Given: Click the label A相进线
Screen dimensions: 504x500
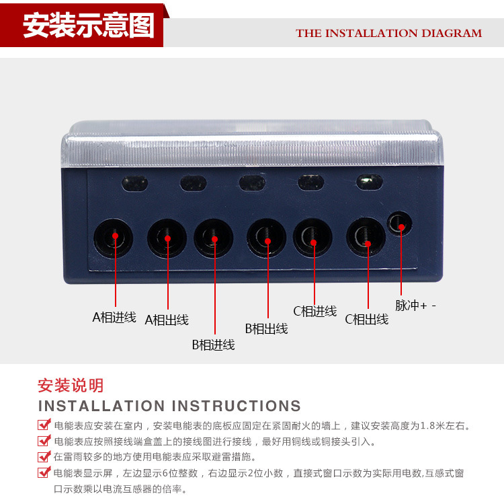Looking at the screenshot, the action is pos(114,318).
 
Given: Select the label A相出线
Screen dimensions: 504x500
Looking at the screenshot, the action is pos(167,320).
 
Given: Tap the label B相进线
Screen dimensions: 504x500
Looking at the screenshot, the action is pos(214,345).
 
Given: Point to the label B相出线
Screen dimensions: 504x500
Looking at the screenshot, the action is pos(267,328).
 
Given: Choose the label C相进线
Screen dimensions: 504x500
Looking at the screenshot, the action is pos(315,312).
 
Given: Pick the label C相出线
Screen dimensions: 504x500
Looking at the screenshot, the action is pos(367,320).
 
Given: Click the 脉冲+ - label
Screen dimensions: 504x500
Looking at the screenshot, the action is pos(415,306).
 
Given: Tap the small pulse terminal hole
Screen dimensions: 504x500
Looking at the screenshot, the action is pos(400,223).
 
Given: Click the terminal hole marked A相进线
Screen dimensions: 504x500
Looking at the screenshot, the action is pos(113,238).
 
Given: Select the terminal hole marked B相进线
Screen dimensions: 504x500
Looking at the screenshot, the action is pos(214,238).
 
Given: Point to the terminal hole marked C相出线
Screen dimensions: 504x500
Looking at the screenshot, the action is pos(366,237).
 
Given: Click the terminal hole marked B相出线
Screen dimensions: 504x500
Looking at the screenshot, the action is pos(267,238).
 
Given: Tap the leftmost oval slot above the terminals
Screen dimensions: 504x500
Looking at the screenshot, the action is pos(134,184).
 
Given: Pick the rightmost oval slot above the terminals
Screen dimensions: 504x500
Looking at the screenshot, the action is pos(370,182).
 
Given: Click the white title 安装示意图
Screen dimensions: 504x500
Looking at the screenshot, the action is pos(89,26).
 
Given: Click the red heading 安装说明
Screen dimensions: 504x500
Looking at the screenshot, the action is pos(71,386).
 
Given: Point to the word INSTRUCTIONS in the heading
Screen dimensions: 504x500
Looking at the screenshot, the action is pos(237,406).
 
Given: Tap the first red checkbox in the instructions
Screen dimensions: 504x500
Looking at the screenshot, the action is pos(44,425).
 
